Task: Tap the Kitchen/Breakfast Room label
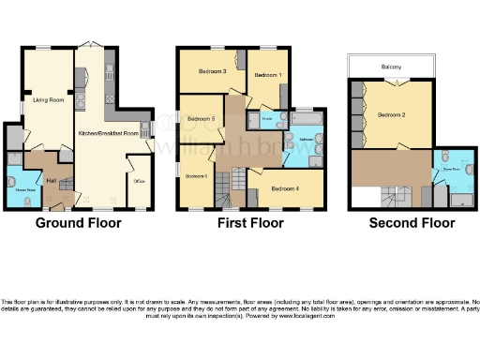coord(108,134)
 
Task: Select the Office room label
coord(138,181)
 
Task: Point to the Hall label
coord(52,179)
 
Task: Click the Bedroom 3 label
coord(213,72)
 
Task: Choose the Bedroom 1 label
coord(268,74)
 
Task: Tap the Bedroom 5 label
coord(202,119)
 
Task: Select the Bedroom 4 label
coord(285,188)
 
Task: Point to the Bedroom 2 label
coord(392,114)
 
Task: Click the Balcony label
coord(392,67)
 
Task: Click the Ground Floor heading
coord(74,223)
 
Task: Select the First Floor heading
coord(251,223)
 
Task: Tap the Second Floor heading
coord(412,223)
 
